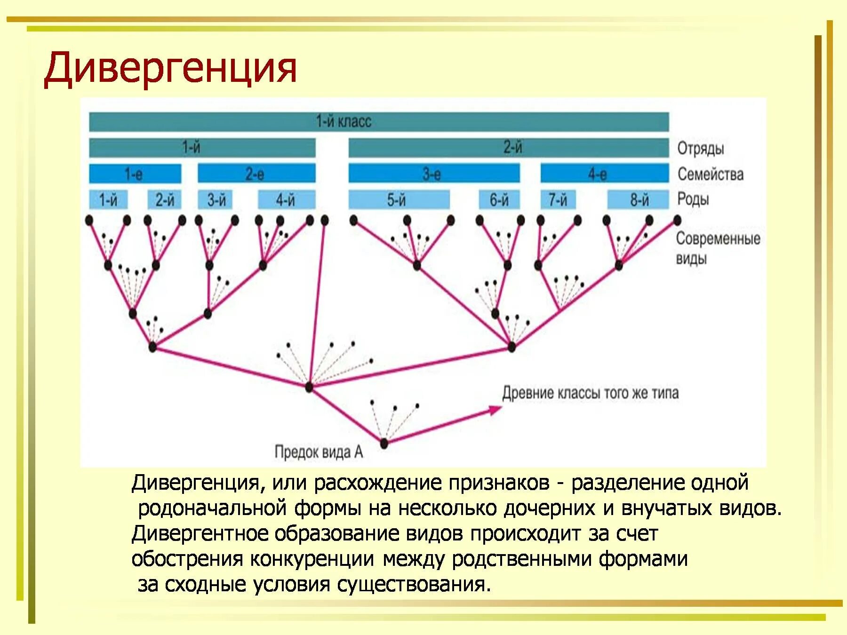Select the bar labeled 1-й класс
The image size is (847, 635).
[379, 122]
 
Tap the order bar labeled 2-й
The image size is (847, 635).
[508, 148]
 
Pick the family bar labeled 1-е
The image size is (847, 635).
[135, 174]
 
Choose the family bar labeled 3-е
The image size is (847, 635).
[434, 174]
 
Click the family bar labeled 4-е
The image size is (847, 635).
[604, 174]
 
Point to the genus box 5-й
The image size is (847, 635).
[399, 200]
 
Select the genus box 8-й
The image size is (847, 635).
[638, 200]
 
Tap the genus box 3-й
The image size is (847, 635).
[215, 200]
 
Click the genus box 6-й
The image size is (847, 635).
[499, 200]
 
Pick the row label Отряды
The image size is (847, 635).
[700, 148]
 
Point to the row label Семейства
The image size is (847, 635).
[710, 174]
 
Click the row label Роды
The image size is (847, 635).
[693, 199]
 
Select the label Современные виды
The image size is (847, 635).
[717, 248]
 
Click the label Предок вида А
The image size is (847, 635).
[319, 452]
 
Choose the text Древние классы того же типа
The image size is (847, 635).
[590, 393]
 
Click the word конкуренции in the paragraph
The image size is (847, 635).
[312, 559]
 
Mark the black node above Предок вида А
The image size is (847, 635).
[384, 443]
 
